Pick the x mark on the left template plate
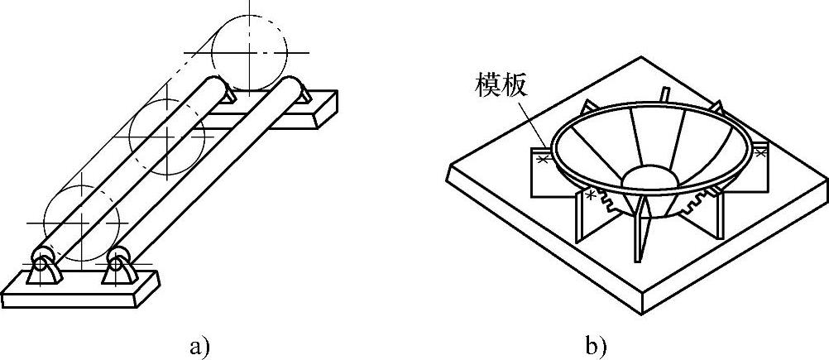(x=543, y=158)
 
